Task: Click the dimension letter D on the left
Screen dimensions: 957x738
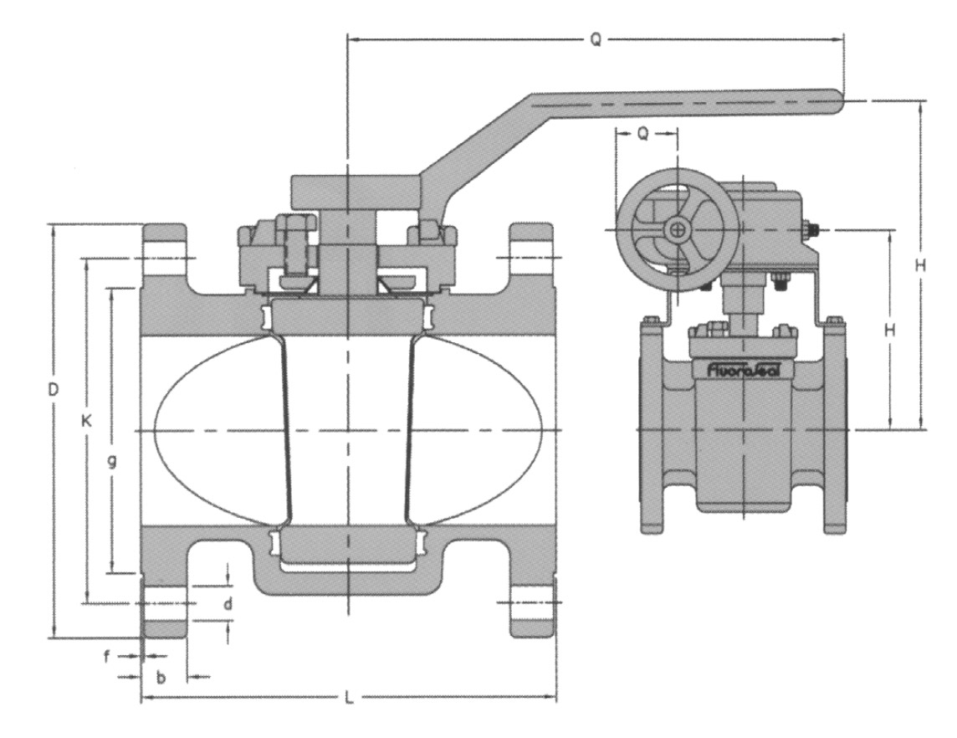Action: pyautogui.click(x=54, y=389)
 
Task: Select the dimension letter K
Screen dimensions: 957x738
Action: pyautogui.click(x=87, y=421)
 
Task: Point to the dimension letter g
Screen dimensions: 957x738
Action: pyautogui.click(x=112, y=461)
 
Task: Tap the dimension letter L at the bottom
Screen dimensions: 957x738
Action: pyautogui.click(x=349, y=699)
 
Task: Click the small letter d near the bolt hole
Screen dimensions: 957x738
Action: pyautogui.click(x=228, y=604)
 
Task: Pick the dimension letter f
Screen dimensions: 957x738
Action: pyautogui.click(x=107, y=658)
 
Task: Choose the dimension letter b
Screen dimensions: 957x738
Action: pyautogui.click(x=161, y=677)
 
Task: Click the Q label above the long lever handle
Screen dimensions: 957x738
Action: pyautogui.click(x=596, y=39)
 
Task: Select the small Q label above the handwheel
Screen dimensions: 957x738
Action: pyautogui.click(x=643, y=134)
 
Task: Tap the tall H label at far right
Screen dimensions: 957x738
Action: pyautogui.click(x=921, y=265)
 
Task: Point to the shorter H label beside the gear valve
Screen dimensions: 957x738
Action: pyautogui.click(x=890, y=331)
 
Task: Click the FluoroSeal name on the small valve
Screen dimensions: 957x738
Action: pyautogui.click(x=743, y=370)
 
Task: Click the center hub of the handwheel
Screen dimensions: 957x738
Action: pyautogui.click(x=678, y=229)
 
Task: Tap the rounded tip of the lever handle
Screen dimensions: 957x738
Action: pyautogui.click(x=838, y=101)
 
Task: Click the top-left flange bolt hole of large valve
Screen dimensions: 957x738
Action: pyautogui.click(x=165, y=259)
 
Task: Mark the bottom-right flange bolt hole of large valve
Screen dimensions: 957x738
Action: pyautogui.click(x=531, y=602)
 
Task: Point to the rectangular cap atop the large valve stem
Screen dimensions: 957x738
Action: pyautogui.click(x=356, y=192)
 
